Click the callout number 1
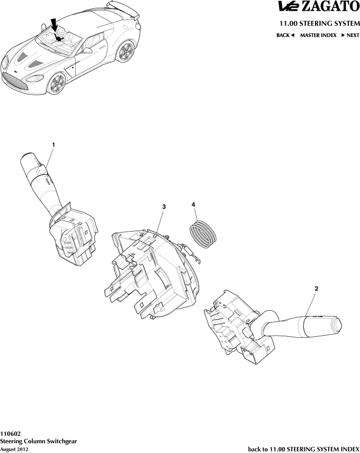[x=53, y=145]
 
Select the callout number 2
[x=317, y=288]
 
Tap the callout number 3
[x=164, y=207]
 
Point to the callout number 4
[x=193, y=205]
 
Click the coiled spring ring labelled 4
[x=203, y=234]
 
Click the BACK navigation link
[x=285, y=35]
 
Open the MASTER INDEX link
[x=318, y=35]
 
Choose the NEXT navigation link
[x=350, y=35]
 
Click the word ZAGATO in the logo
[x=331, y=7]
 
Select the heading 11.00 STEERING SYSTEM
[x=319, y=23]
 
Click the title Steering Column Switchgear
[x=39, y=441]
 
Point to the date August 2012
[x=14, y=449]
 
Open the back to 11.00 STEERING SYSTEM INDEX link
[x=304, y=449]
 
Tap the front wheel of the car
[x=57, y=84]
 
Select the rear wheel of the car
[x=126, y=51]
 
